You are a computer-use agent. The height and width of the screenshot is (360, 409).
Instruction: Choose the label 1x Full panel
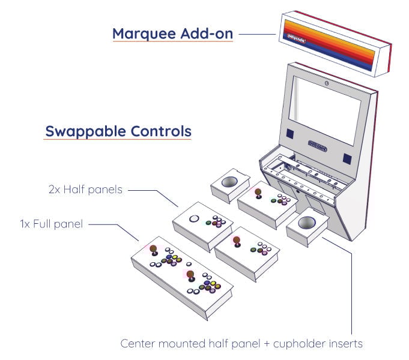coord(50,224)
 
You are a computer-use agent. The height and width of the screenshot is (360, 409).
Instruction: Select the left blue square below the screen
coord(289,133)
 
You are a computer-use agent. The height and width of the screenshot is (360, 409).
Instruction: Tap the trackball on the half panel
coord(195,219)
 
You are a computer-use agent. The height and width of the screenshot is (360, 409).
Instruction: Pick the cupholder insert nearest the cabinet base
coord(307,224)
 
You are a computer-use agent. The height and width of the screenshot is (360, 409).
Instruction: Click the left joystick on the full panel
coord(153,248)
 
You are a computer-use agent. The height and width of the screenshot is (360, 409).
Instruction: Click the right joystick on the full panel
coord(190,275)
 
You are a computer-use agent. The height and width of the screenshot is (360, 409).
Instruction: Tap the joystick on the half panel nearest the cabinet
coord(258,193)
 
